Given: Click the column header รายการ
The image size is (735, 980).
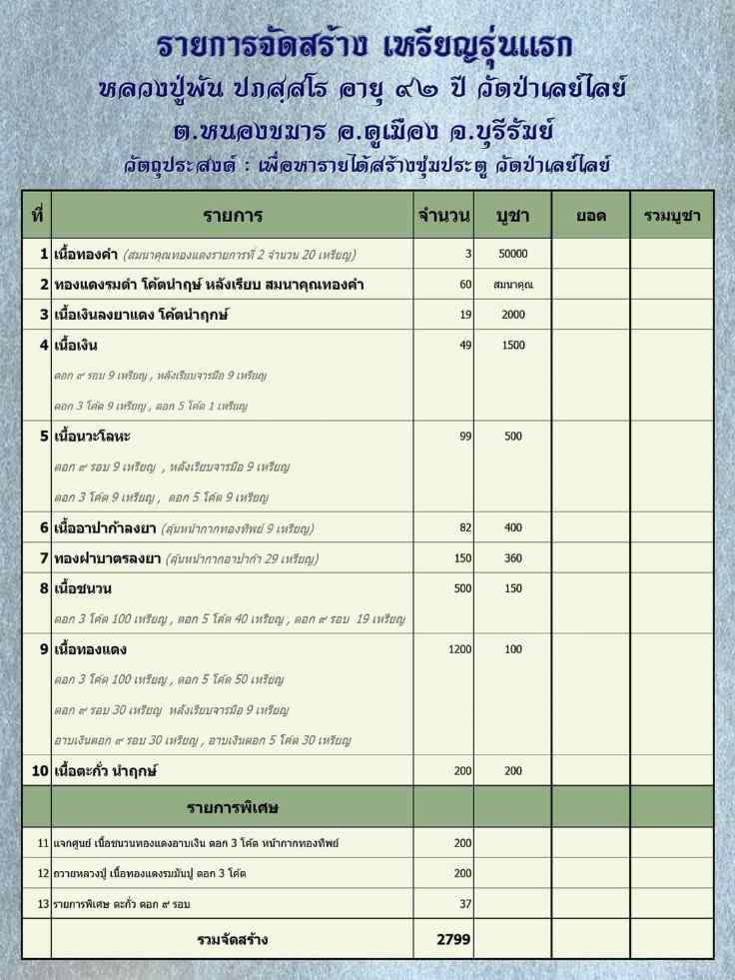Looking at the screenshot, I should [232, 216].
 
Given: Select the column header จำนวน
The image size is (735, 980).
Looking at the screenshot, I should [444, 216].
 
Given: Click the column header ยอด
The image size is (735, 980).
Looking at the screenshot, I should [589, 216].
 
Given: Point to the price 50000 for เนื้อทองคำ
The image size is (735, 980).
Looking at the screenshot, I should [512, 254].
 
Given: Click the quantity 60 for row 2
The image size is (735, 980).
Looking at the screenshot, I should [465, 285].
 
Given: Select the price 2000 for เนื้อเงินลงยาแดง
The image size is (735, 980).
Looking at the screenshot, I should [512, 315].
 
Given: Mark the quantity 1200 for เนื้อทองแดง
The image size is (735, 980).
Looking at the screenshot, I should [459, 649].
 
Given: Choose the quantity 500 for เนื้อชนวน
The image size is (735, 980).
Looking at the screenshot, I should [462, 588].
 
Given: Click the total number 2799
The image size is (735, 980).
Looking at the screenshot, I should [453, 940].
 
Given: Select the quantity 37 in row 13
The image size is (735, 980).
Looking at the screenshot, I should [462, 904].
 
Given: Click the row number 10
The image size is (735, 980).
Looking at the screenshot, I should [40, 771].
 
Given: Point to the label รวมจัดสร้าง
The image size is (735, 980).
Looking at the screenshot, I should [232, 940].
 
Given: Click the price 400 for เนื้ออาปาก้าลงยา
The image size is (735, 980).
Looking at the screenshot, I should [512, 527].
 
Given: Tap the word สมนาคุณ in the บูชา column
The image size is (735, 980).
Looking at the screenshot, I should [512, 285].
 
